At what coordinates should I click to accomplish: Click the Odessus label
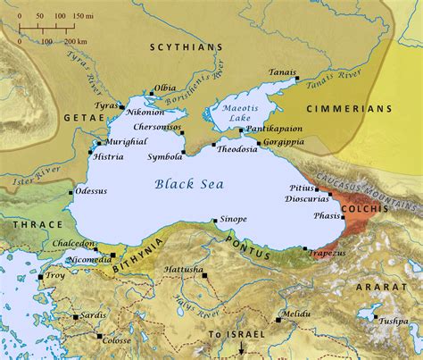coord(91,190)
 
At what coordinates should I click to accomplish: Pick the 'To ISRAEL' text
coord(232,335)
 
